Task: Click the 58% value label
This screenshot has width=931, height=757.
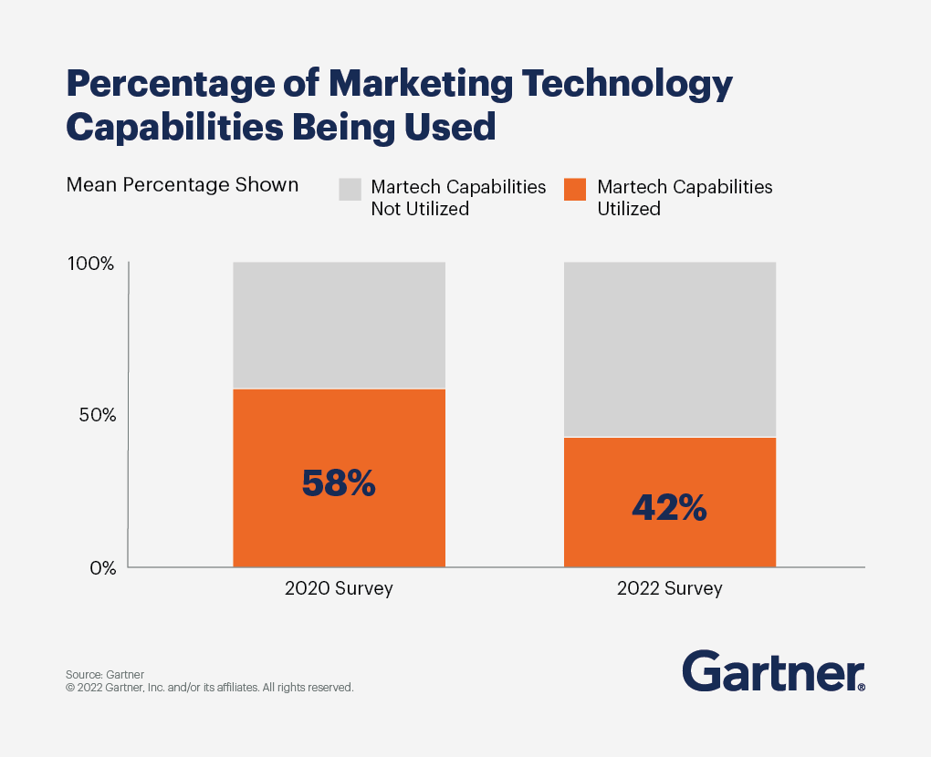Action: [339, 483]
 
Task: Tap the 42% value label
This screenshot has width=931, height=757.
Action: [669, 509]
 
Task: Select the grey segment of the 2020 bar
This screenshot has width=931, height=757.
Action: [339, 325]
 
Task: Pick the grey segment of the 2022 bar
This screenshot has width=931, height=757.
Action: [669, 349]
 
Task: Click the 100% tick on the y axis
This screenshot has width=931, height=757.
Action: [90, 264]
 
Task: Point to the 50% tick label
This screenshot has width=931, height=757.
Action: [96, 415]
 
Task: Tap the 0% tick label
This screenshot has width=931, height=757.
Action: [101, 567]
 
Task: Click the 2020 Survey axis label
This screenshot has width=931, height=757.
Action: [339, 588]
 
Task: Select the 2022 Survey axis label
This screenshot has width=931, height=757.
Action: [669, 588]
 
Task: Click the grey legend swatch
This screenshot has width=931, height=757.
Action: [350, 189]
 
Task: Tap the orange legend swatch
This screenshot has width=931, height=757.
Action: [575, 189]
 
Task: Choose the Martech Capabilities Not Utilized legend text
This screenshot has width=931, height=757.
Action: [457, 198]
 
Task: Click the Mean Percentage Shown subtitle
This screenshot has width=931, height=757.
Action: [183, 185]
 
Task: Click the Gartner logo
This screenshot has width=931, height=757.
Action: [772, 672]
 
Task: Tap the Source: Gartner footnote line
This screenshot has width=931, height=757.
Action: [105, 674]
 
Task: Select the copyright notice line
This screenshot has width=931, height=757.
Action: [209, 688]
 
